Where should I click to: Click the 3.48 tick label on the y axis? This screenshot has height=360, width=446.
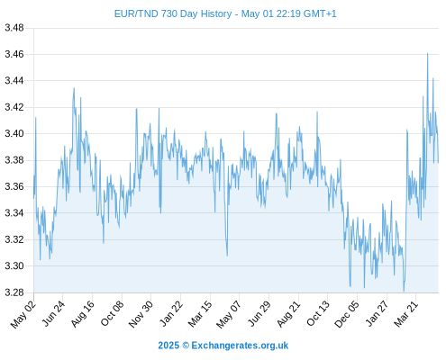click(x=14, y=28)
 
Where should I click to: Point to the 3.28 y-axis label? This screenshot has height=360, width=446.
click(x=14, y=292)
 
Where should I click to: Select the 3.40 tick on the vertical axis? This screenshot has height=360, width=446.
click(x=14, y=133)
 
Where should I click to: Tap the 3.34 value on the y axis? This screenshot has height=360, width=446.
click(x=14, y=213)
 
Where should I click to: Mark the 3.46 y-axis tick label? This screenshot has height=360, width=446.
click(x=14, y=54)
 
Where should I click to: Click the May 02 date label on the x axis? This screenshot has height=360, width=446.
click(x=23, y=314)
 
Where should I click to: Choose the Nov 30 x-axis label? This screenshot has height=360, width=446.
click(x=141, y=314)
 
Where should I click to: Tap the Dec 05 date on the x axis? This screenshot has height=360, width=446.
click(x=347, y=314)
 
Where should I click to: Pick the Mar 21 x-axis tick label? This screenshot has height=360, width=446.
click(x=405, y=314)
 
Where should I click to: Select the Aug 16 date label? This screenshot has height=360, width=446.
click(x=82, y=314)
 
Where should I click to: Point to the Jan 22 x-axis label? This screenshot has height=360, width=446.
click(x=170, y=314)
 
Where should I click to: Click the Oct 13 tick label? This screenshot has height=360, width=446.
click(x=317, y=314)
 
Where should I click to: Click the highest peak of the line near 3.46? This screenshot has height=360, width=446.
click(x=427, y=53)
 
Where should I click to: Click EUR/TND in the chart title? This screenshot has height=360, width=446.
click(x=136, y=13)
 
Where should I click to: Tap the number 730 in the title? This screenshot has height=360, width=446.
click(x=168, y=13)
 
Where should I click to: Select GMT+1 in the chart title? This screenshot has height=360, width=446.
click(x=320, y=13)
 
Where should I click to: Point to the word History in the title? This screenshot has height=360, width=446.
click(x=216, y=14)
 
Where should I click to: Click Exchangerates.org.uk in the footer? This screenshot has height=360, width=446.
click(x=240, y=346)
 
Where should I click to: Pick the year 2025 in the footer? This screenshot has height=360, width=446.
click(x=168, y=346)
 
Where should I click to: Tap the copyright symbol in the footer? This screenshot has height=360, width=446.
click(x=186, y=346)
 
